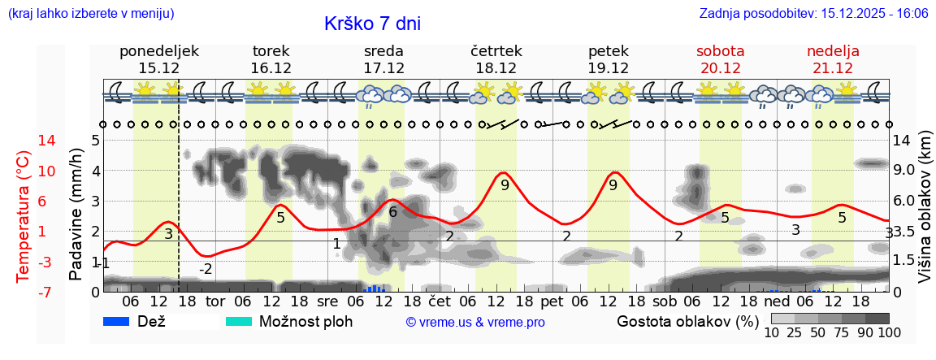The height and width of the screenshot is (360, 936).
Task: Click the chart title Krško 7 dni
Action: pyautogui.click(x=372, y=24)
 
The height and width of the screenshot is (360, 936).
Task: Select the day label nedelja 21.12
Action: pyautogui.click(x=833, y=59)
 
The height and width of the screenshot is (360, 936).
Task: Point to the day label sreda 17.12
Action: pyautogui.click(x=383, y=59)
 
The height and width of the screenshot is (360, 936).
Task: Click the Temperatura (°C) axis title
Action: pyautogui.click(x=24, y=216)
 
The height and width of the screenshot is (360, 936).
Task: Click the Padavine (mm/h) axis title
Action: pyautogui.click(x=76, y=215)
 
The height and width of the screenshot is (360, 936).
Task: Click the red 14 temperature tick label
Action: pyautogui.click(x=24, y=141)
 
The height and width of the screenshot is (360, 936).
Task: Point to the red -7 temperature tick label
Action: pyautogui.click(x=24, y=292)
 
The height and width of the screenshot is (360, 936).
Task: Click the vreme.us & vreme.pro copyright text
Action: pyautogui.click(x=475, y=322)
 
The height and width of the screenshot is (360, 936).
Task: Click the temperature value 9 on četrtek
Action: pyautogui.click(x=505, y=185)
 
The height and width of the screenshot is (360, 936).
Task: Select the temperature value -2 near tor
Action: pyautogui.click(x=206, y=269)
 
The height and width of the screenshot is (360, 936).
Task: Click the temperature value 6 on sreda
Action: pyautogui.click(x=392, y=212)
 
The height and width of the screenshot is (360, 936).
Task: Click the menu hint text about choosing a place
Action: pyautogui.click(x=91, y=14)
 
